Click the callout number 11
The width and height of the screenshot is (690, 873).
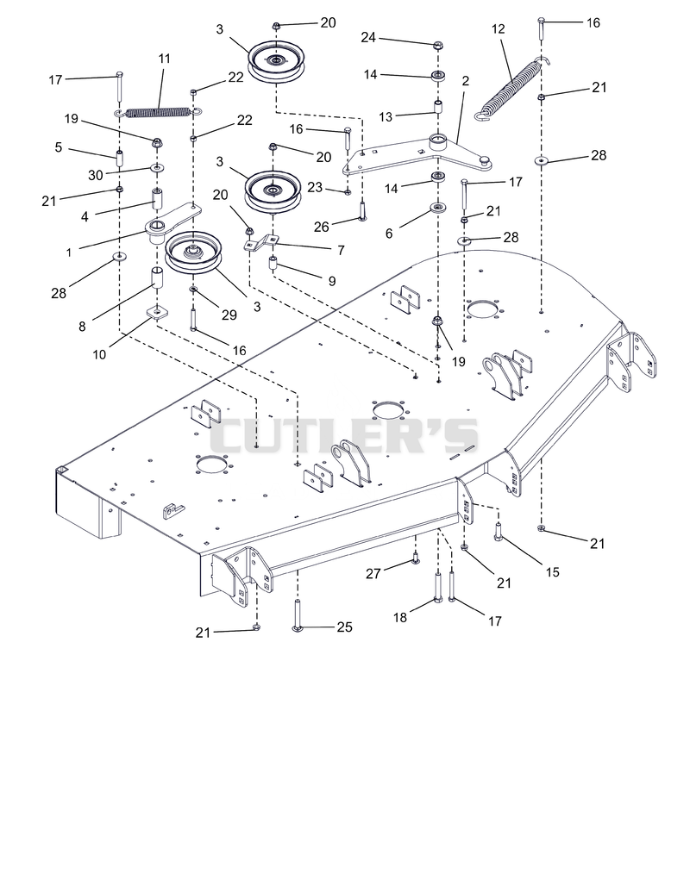pos(165,59)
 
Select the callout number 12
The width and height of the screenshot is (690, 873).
pos(499,29)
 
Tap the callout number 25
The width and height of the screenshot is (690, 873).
pos(344,627)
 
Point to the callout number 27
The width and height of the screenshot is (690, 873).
pos(373,573)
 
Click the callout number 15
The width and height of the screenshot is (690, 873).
pos(552,572)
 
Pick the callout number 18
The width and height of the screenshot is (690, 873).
pos(400,617)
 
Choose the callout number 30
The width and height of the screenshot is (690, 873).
pos(96,176)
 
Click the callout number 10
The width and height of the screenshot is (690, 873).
pos(99,354)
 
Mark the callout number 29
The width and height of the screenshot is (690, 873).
pos(229,315)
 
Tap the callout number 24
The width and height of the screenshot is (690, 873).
pos(367,37)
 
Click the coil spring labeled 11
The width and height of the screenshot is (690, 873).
pos(159,113)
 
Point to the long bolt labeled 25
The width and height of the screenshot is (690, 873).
pos(297,615)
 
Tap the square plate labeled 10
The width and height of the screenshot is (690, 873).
pos(157,312)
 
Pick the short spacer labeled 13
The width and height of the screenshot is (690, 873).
pos(439,106)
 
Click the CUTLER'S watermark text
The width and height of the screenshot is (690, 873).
pos(344,436)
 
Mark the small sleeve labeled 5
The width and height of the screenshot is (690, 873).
pos(119,158)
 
